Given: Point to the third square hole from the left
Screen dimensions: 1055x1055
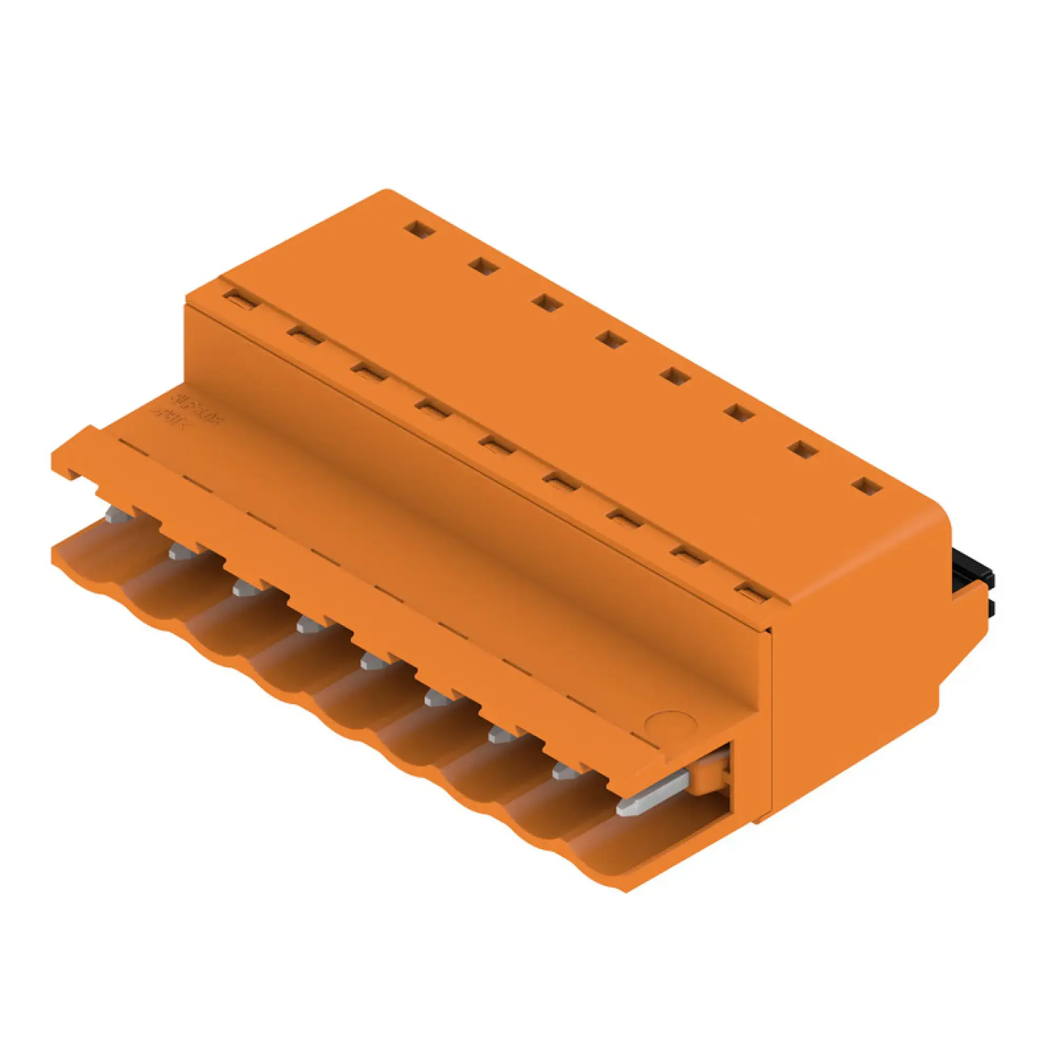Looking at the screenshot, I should (548, 302).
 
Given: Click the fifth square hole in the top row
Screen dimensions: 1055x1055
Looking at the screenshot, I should (676, 376).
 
